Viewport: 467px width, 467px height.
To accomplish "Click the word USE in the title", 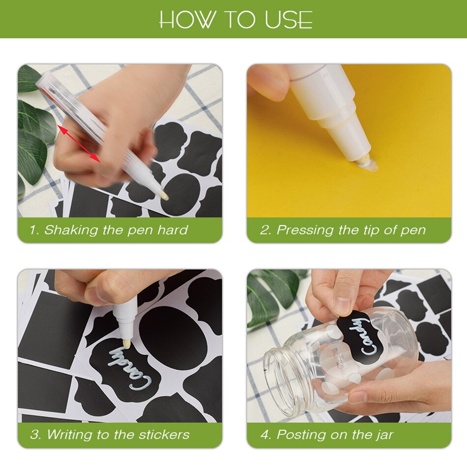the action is [x=288, y=20].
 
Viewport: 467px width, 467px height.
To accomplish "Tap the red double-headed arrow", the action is [x=79, y=144].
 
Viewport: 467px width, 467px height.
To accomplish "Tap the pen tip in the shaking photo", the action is [x=164, y=195].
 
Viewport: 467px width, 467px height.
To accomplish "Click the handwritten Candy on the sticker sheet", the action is [x=129, y=368].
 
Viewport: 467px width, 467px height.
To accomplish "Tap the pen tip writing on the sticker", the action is [x=126, y=344].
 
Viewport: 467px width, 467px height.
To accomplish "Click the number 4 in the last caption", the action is [x=264, y=435].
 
